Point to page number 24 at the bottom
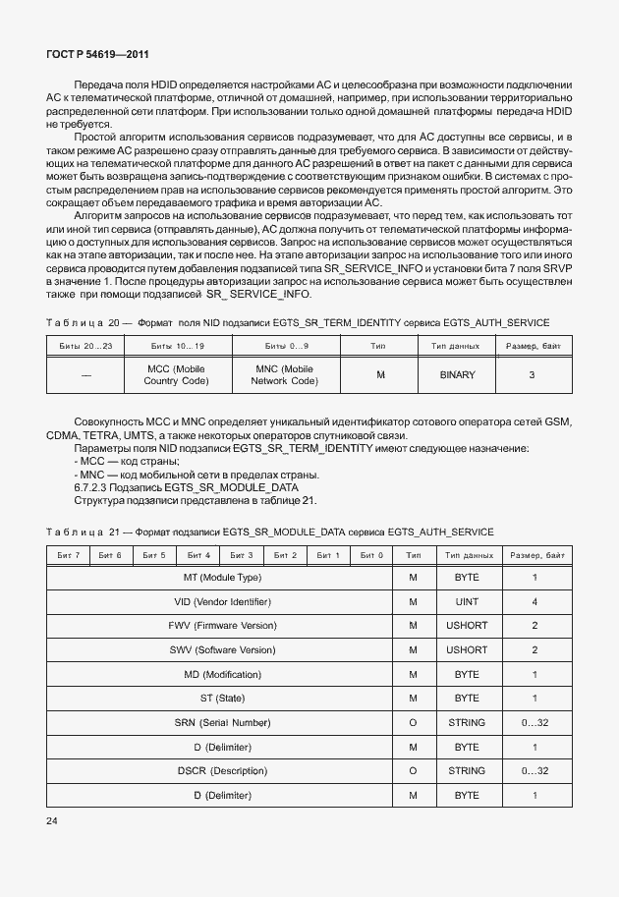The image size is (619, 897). pos(53,819)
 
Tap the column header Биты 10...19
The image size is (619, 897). pos(177,347)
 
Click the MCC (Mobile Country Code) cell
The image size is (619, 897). pos(177,375)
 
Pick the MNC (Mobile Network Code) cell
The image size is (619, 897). pos(287,375)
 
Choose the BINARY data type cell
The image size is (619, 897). pos(458,375)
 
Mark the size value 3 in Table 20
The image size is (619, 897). pos(532,375)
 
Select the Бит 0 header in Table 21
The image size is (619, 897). pos(371,555)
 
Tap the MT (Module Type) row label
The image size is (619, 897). pos(222,578)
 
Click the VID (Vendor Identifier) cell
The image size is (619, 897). pos(222,601)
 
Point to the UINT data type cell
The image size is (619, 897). pos(467,601)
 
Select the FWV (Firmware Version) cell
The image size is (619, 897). pos(222,626)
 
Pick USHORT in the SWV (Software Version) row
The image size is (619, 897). pos(467,650)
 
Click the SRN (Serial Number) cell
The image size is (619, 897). pos(222,723)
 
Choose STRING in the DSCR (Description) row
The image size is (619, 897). pos(467,771)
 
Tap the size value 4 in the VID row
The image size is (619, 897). pos(535,601)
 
